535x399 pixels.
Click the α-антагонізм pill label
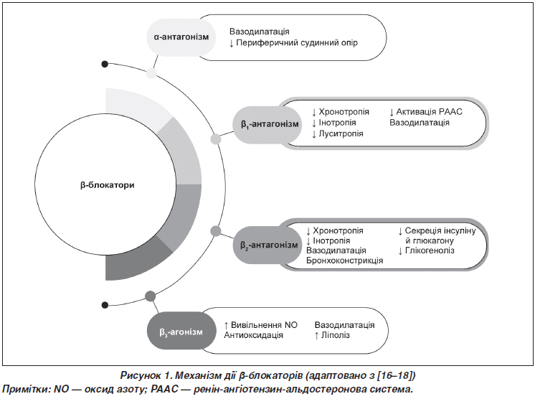(x=181, y=37)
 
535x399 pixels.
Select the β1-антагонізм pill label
(x=267, y=124)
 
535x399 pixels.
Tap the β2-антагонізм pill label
(x=267, y=245)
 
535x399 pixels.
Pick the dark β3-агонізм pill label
(x=181, y=332)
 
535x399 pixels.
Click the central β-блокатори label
(x=108, y=185)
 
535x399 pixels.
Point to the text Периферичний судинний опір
(x=297, y=43)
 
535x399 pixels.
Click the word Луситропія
(x=341, y=133)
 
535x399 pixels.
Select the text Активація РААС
(x=430, y=112)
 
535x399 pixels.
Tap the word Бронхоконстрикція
(x=345, y=260)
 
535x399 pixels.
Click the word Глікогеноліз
(x=430, y=250)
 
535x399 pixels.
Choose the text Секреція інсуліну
(x=440, y=231)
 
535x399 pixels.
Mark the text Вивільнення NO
(x=264, y=325)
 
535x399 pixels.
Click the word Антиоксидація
(x=253, y=335)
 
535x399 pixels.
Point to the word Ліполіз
(x=336, y=335)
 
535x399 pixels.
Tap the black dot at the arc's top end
(x=105, y=64)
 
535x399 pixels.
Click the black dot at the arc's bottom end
(x=105, y=305)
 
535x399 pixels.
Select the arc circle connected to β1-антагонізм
(x=215, y=139)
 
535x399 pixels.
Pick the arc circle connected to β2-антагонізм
(x=216, y=231)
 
